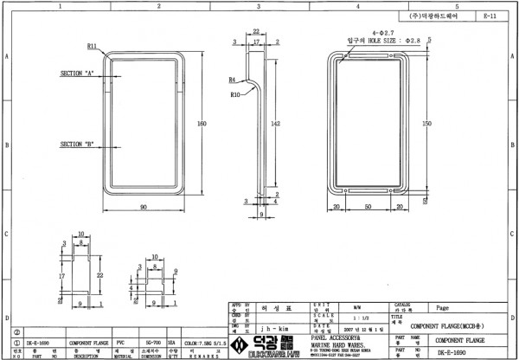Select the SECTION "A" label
(77, 74)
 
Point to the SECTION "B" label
(77, 144)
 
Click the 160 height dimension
(202, 125)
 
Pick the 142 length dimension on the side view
(275, 125)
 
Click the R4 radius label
(233, 79)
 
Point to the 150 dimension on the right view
(426, 125)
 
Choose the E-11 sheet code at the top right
(490, 16)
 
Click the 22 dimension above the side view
(257, 31)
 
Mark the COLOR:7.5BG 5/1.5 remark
(208, 343)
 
